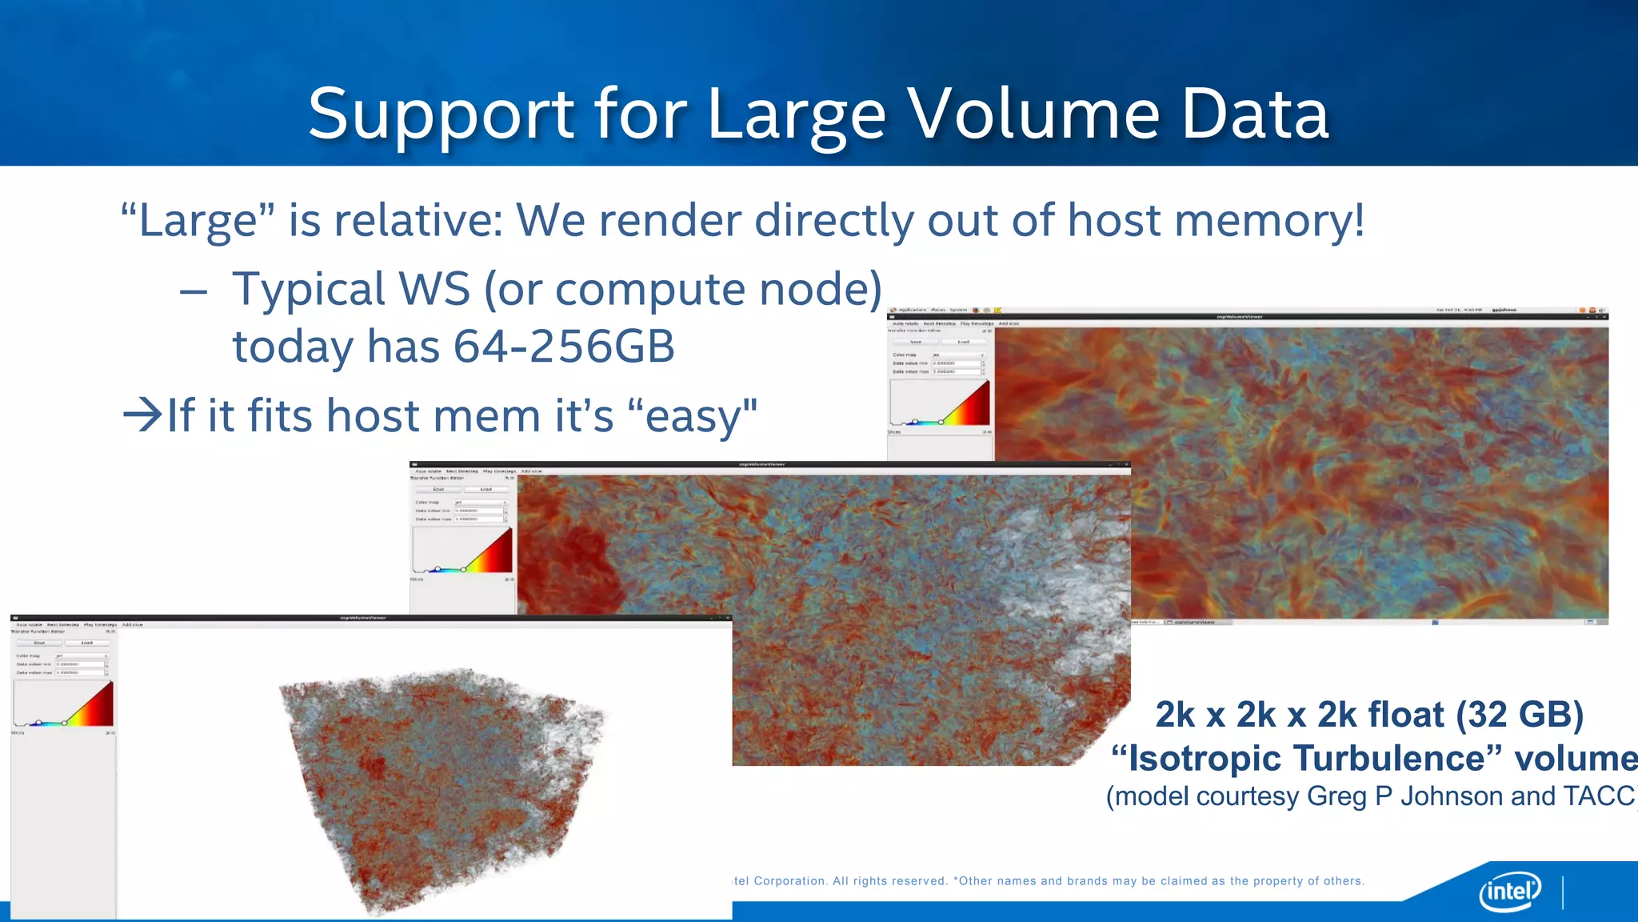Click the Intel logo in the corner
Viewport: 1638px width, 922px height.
(x=1510, y=891)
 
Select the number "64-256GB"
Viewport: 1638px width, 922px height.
(x=564, y=347)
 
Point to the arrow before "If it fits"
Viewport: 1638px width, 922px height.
(x=142, y=415)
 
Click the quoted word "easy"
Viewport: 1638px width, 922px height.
(x=693, y=416)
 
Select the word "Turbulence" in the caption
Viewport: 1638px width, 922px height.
(x=1389, y=757)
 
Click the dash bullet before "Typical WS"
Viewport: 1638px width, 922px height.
(x=194, y=291)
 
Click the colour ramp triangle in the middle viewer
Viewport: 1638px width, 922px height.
(x=488, y=553)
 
